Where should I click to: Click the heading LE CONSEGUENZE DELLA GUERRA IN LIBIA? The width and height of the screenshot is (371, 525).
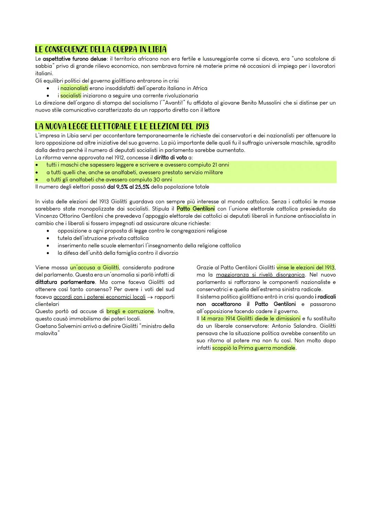tap(101, 50)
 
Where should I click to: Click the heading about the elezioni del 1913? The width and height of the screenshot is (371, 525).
tap(122, 127)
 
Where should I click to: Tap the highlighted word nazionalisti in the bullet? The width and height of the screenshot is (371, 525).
tap(74, 88)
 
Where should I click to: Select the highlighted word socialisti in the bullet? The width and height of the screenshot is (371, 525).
tap(71, 96)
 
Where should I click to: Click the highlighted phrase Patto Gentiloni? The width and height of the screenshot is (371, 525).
tap(195, 209)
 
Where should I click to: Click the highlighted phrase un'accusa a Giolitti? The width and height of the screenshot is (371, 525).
tap(94, 267)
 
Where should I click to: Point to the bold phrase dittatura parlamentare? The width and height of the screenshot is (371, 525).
tap(65, 282)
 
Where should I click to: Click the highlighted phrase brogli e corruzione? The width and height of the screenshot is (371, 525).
tap(130, 311)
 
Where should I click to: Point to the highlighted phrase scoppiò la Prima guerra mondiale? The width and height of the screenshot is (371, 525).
tap(254, 348)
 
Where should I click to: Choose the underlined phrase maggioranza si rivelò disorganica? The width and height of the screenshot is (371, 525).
tap(260, 275)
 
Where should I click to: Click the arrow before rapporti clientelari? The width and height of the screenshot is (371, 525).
tap(150, 297)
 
